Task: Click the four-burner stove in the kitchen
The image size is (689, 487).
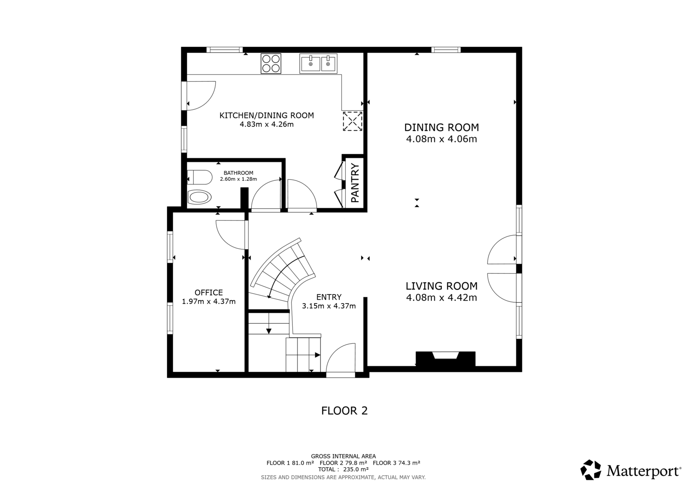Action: [271, 63]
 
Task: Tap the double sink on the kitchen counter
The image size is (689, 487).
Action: [318, 63]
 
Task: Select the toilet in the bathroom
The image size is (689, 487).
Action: [200, 177]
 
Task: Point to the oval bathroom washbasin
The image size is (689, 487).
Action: [199, 197]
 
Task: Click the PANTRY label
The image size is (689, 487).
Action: [355, 183]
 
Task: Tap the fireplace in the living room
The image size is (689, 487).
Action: [445, 359]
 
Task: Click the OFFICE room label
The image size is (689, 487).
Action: [208, 292]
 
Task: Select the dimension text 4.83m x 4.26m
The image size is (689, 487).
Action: [267, 124]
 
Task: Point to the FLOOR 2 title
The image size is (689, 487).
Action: [344, 411]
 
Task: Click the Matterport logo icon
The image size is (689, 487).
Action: [590, 470]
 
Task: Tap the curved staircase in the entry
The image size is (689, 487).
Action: [283, 271]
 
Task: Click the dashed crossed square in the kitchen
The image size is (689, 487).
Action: [353, 121]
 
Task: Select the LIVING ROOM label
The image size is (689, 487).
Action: [441, 286]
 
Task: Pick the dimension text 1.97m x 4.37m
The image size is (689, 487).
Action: [208, 301]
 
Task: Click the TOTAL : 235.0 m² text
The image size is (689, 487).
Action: [343, 469]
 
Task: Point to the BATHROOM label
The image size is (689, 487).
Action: [239, 173]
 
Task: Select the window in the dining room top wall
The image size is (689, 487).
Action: [446, 50]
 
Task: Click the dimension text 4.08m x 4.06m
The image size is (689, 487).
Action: [441, 139]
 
